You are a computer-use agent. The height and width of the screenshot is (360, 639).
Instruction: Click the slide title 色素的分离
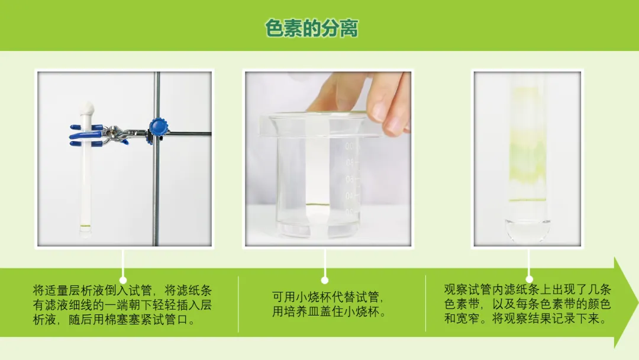(x=312, y=28)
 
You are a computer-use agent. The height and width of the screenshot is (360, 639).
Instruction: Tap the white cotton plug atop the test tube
(x=87, y=108)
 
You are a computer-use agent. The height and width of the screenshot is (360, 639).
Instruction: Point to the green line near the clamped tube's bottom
(x=86, y=226)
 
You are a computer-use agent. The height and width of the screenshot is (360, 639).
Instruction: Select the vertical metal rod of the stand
(x=156, y=159)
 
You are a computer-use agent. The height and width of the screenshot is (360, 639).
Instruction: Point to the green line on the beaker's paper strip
(x=317, y=204)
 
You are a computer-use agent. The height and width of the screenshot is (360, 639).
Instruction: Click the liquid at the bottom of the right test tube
(x=527, y=229)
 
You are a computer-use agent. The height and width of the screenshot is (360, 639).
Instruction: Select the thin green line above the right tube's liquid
(x=527, y=200)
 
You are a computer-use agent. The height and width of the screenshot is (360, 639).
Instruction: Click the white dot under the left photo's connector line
(x=122, y=280)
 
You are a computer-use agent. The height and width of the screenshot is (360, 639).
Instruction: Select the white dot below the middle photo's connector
(x=325, y=280)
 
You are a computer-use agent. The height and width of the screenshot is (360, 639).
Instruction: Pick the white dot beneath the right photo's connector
(x=529, y=279)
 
